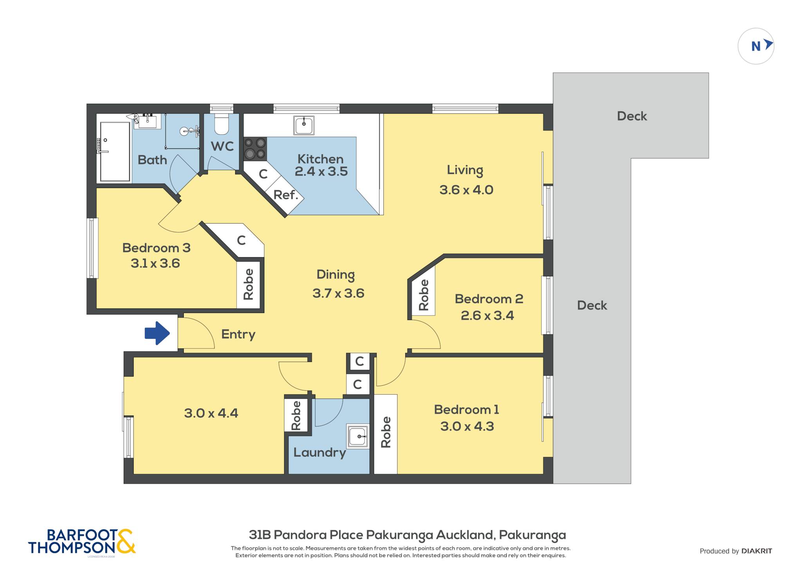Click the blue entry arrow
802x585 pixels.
157,333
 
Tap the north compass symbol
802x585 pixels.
756,46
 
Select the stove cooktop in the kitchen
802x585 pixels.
255,149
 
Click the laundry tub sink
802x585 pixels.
358,436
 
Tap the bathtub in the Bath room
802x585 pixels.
115,152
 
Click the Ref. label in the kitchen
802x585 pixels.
286,195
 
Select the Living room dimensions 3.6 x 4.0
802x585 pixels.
466,190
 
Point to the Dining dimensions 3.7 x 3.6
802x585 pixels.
338,293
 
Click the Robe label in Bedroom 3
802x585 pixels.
249,284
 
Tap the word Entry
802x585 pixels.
238,334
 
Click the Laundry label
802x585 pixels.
320,453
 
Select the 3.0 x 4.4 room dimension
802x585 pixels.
211,413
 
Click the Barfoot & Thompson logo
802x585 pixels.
82,542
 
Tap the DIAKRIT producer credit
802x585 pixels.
757,551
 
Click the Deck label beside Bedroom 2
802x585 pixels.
592,305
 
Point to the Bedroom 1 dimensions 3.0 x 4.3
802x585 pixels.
467,426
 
